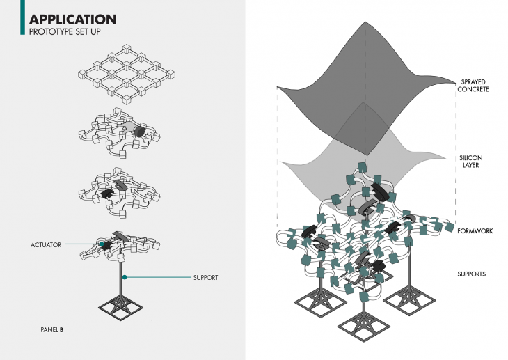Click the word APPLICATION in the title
[73, 19]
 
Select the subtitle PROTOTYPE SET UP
[68, 31]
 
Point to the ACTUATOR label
[46, 245]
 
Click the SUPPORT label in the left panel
[205, 277]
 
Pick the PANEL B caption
[52, 328]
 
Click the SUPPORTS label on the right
[473, 274]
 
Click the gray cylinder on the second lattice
[138, 131]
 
